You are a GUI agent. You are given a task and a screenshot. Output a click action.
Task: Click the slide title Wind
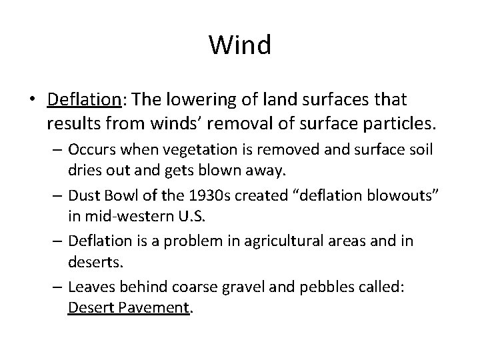click(240, 46)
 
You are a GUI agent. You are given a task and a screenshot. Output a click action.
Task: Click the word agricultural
click(279, 239)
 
